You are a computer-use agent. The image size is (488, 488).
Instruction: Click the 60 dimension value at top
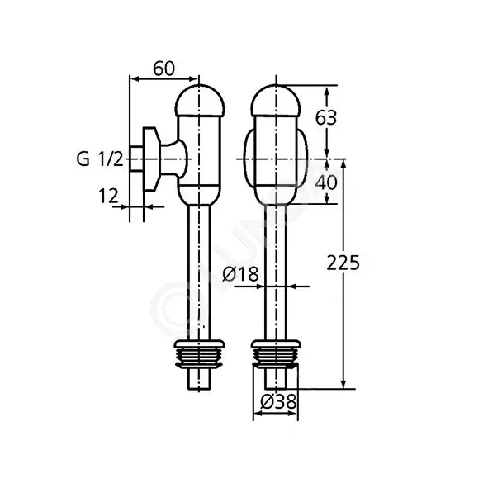pyautogui.click(x=164, y=69)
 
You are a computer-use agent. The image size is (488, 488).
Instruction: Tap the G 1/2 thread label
pyautogui.click(x=100, y=159)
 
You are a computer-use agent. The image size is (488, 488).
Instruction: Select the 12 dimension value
pyautogui.click(x=109, y=196)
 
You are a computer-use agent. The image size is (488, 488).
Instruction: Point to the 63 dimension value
pyautogui.click(x=326, y=117)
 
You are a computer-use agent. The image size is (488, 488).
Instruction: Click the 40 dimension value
pyautogui.click(x=326, y=182)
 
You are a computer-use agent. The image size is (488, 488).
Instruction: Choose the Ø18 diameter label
pyautogui.click(x=240, y=274)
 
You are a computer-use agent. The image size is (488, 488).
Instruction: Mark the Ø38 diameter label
pyautogui.click(x=278, y=401)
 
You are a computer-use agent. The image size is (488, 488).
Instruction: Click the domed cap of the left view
pyautogui.click(x=200, y=101)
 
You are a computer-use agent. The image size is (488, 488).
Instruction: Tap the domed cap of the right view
pyautogui.click(x=276, y=101)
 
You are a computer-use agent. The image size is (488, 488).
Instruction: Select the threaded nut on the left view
pyautogui.click(x=200, y=355)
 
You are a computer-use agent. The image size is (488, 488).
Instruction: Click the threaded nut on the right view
pyautogui.click(x=276, y=355)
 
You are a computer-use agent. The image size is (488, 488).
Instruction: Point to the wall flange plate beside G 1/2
pyautogui.click(x=151, y=159)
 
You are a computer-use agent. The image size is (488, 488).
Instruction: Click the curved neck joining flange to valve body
pyautogui.click(x=174, y=159)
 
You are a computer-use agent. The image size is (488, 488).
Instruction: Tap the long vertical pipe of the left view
pyautogui.click(x=200, y=273)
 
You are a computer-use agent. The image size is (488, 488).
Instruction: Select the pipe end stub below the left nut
pyautogui.click(x=200, y=379)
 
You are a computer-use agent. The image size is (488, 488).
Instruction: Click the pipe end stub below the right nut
pyautogui.click(x=276, y=379)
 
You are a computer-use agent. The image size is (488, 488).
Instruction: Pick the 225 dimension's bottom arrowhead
pyautogui.click(x=343, y=384)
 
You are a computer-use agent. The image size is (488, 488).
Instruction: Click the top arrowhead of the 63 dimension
pyautogui.click(x=327, y=91)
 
